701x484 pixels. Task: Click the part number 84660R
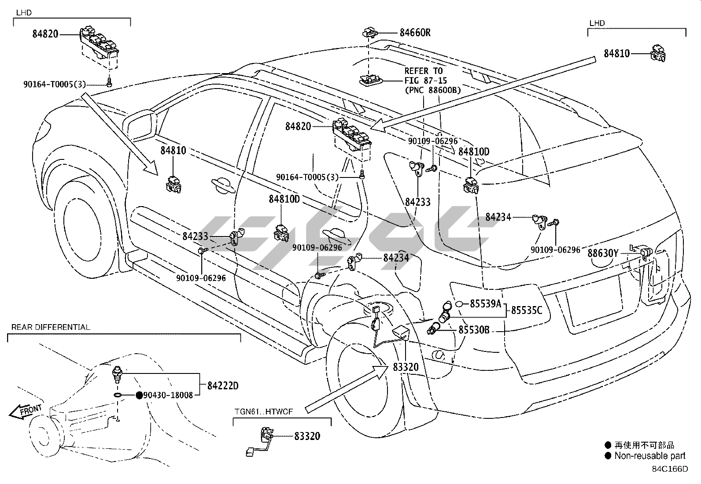point(415,33)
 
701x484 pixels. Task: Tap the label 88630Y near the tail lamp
point(603,253)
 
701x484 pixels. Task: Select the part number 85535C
point(527,310)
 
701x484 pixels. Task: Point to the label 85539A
point(486,303)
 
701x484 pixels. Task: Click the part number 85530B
point(474,330)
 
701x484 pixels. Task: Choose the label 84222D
point(223,386)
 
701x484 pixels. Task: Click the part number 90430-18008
point(168,395)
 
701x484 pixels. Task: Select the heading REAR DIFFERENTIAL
point(51,327)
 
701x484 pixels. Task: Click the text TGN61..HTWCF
point(264,412)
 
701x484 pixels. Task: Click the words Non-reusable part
point(650,456)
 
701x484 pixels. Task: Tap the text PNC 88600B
point(433,90)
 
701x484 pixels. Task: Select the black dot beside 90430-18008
point(139,395)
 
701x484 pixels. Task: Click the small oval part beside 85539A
point(459,304)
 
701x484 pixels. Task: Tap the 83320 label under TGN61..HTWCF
point(307,436)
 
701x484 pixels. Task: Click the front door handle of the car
point(223,185)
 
